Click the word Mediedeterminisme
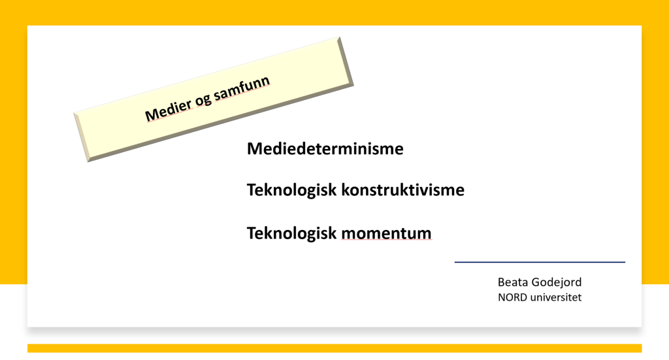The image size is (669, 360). point(325,149)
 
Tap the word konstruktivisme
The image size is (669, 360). point(402,190)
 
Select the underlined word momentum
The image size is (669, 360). point(387,233)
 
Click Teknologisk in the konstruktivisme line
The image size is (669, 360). point(292,191)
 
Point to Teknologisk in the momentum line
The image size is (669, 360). point(292,234)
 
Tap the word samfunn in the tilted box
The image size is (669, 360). point(242,88)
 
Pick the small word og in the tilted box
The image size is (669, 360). point(204,101)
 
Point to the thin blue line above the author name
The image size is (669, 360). point(540,262)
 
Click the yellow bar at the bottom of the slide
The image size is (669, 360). point(334,348)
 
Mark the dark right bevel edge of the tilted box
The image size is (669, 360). point(346,61)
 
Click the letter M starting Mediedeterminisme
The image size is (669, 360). point(255,149)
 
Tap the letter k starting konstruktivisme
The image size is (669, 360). point(346,190)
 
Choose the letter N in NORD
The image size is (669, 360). point(502,297)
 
